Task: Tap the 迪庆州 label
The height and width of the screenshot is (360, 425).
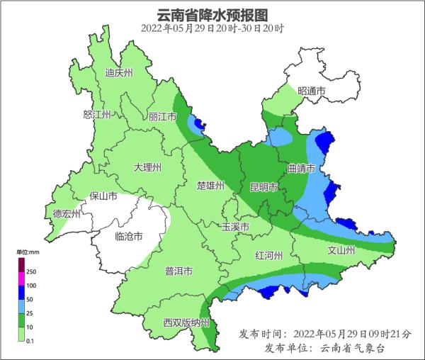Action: [119, 72]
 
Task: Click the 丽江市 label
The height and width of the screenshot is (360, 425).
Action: [162, 117]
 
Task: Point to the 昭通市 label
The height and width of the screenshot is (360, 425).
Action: [312, 91]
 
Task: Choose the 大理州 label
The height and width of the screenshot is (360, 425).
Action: [148, 168]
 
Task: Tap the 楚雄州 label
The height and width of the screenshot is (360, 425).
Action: [210, 186]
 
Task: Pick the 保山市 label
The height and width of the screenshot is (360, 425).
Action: [102, 197]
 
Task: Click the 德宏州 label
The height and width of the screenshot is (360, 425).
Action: [67, 213]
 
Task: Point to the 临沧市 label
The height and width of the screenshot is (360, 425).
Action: [129, 236]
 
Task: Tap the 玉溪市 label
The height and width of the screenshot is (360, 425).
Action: [235, 227]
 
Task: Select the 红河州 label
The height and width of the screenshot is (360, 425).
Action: [269, 255]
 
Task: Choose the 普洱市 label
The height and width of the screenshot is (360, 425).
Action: [178, 271]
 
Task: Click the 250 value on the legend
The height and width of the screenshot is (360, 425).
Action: [31, 271]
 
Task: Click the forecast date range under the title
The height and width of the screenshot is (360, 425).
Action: [212, 28]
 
